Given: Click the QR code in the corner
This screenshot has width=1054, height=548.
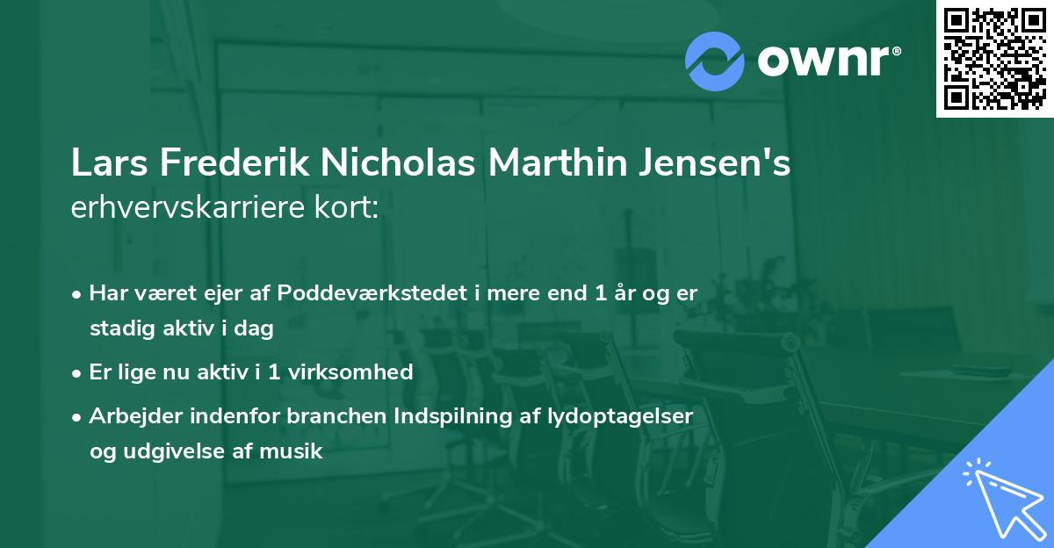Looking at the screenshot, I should coord(994,58).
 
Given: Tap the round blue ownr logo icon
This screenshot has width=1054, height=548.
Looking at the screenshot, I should coord(715,61).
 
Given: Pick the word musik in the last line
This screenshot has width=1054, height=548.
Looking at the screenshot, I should coord(294,451).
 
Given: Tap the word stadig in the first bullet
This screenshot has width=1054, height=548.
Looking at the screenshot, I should coord(117,328).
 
